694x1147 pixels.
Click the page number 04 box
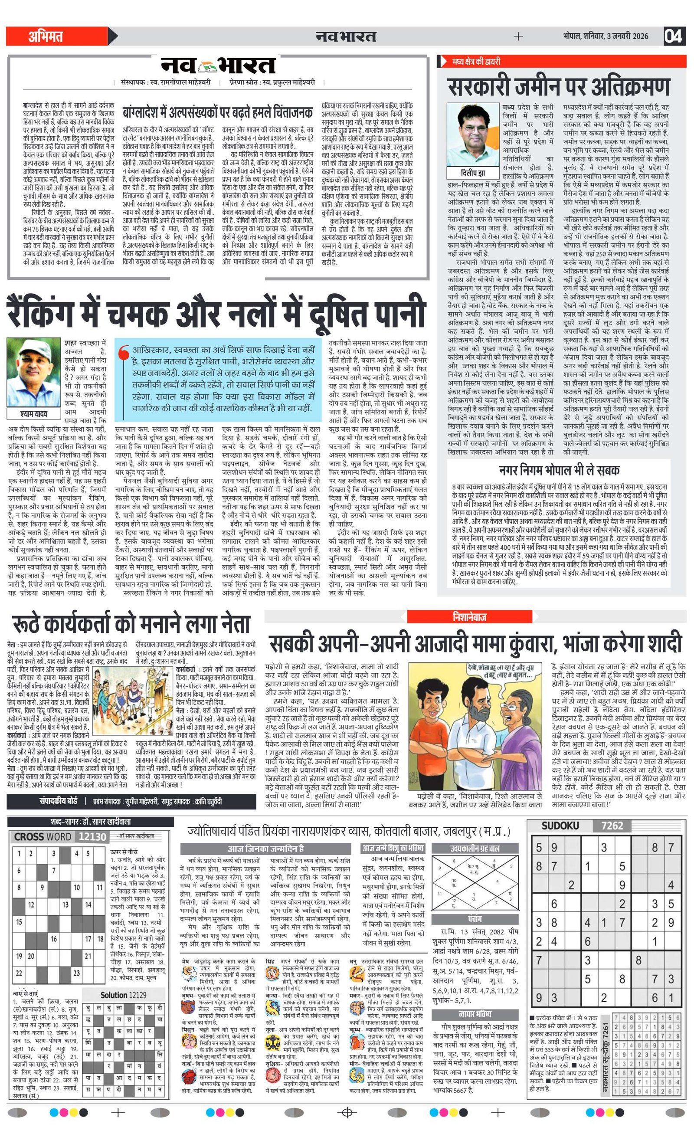(x=673, y=36)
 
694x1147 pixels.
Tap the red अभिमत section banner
(x=56, y=36)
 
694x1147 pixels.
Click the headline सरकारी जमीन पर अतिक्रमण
(x=559, y=87)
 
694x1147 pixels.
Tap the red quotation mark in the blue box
(x=123, y=354)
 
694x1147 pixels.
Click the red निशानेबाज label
(x=469, y=617)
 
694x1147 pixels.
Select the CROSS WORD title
(x=43, y=836)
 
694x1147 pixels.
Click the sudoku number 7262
(x=612, y=826)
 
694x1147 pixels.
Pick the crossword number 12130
(x=93, y=836)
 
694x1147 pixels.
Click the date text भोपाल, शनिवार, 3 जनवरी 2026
(x=605, y=36)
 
